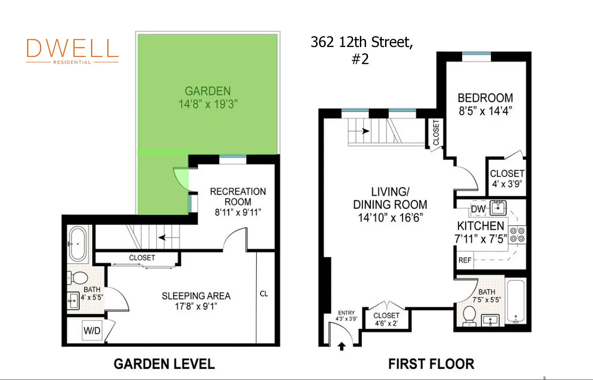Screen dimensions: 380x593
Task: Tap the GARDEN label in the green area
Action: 207,91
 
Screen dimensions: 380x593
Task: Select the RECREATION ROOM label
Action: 238,197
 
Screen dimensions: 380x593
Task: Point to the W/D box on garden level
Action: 92,331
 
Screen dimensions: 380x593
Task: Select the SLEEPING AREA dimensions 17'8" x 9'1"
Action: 196,306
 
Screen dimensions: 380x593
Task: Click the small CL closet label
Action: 264,294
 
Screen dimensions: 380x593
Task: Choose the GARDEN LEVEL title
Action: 164,364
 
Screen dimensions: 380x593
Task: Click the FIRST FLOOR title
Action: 431,364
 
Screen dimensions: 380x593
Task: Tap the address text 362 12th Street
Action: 362,42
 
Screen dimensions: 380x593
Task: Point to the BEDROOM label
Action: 485,98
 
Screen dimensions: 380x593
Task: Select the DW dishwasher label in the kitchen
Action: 478,209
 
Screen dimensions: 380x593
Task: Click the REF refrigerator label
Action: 464,260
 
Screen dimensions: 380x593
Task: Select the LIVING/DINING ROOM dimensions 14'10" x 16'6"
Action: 390,218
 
